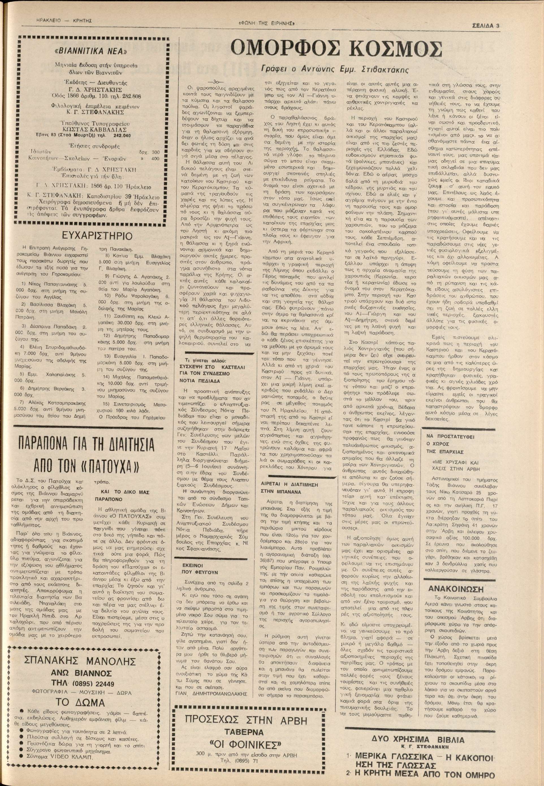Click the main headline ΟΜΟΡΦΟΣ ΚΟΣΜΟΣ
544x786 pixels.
click(336, 49)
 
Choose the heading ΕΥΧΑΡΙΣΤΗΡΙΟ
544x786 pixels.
click(97, 236)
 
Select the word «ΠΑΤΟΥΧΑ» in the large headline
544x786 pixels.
click(103, 465)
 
